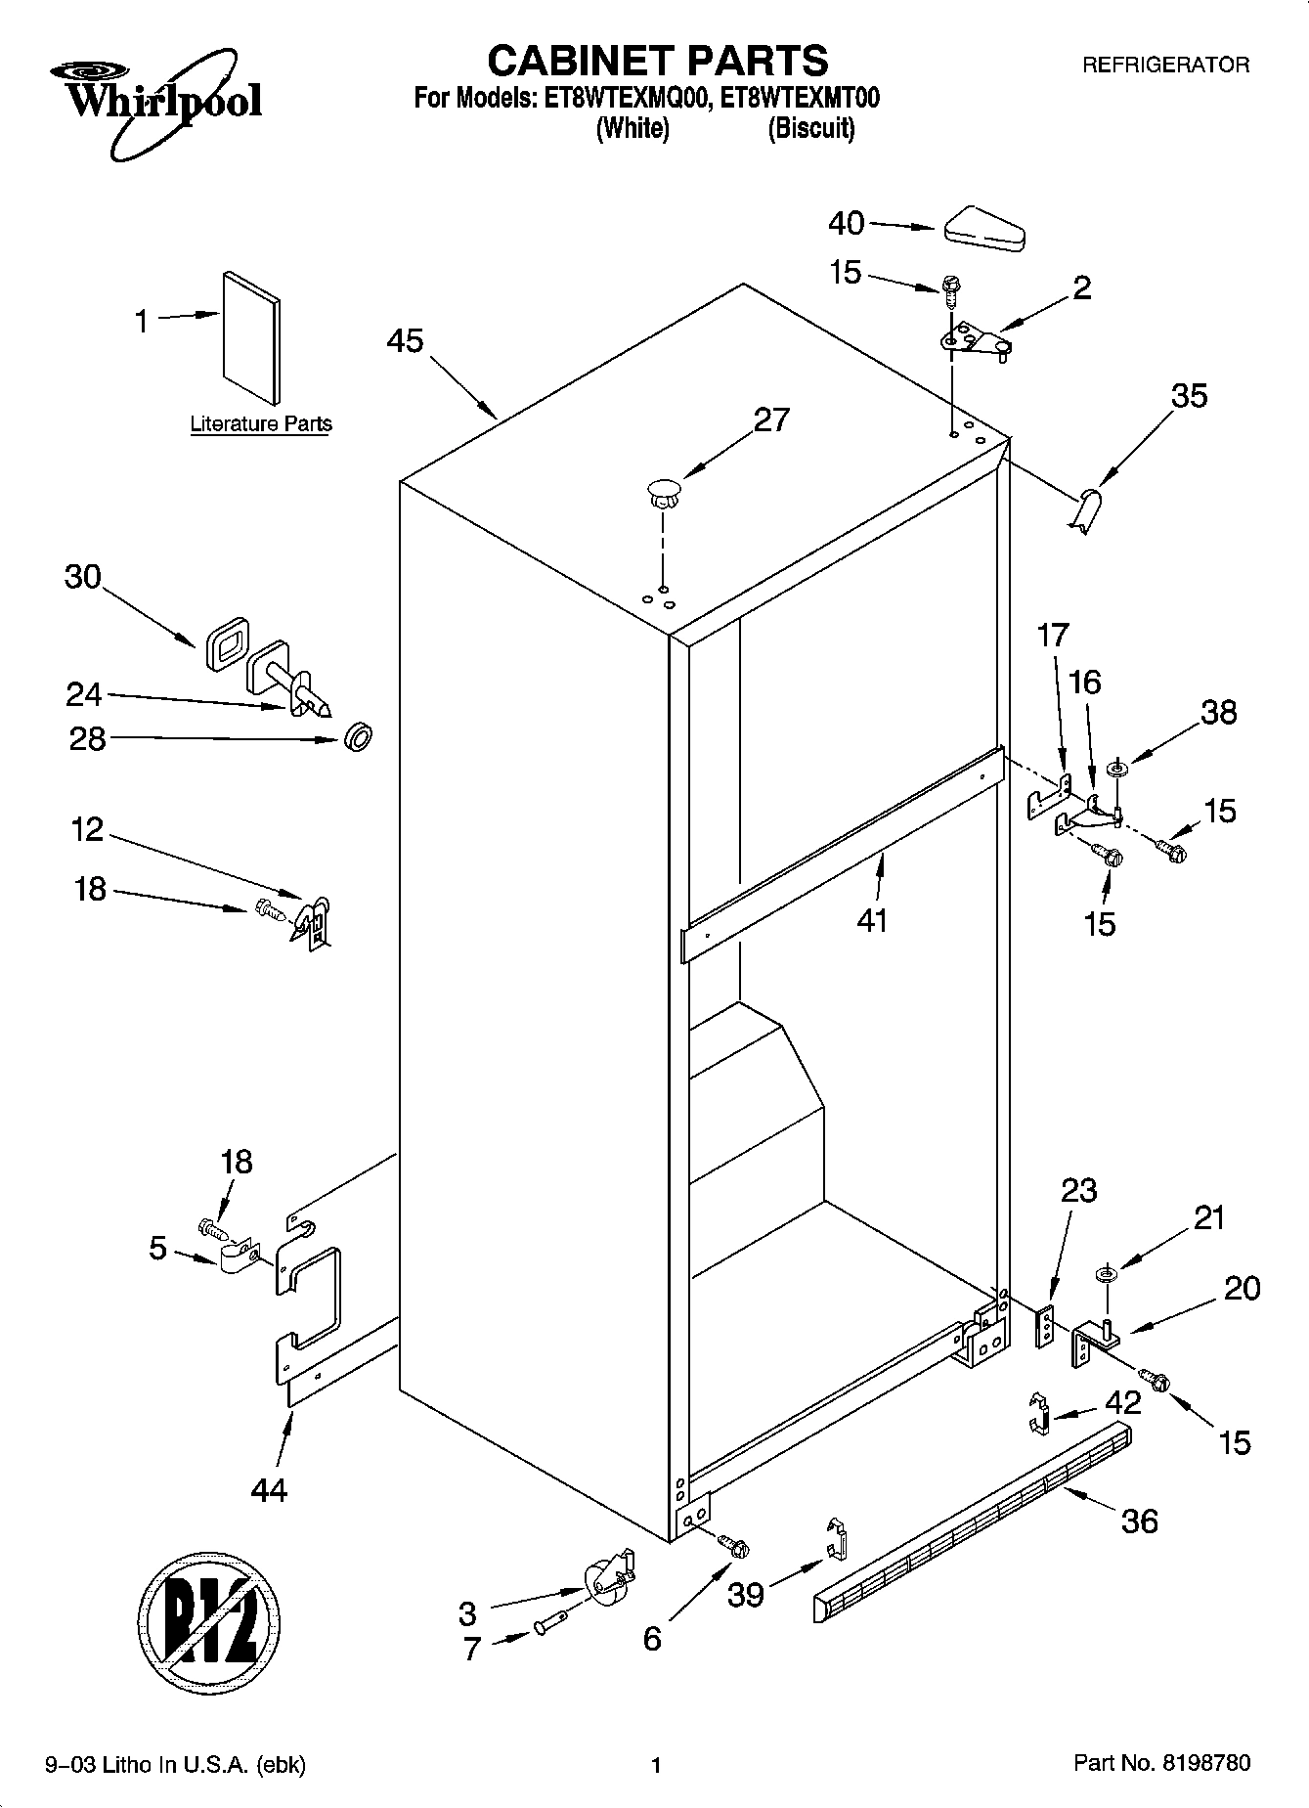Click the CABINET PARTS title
pyautogui.click(x=657, y=61)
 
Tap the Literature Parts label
pyautogui.click(x=261, y=424)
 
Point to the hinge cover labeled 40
pyautogui.click(x=983, y=227)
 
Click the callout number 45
pyautogui.click(x=405, y=341)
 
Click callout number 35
pyautogui.click(x=1189, y=396)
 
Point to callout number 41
pyautogui.click(x=872, y=920)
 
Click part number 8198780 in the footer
pyautogui.click(x=1206, y=1764)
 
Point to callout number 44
pyautogui.click(x=269, y=1490)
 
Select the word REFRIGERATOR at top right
pyautogui.click(x=1164, y=66)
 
